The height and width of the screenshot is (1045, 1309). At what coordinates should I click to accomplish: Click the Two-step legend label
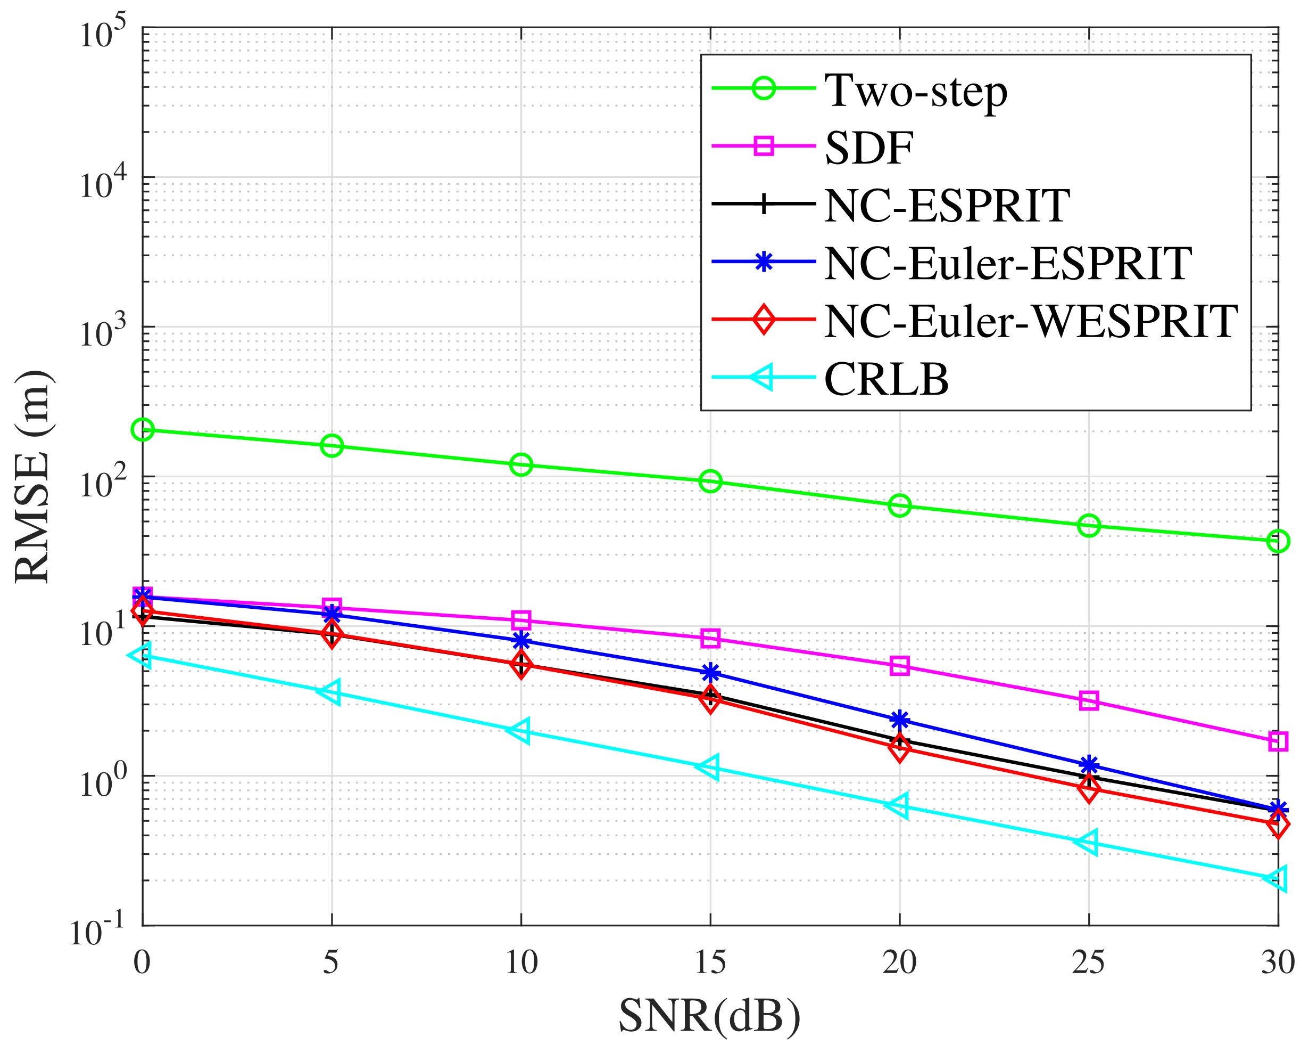click(916, 91)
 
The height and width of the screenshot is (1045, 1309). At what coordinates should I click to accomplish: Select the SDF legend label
click(869, 148)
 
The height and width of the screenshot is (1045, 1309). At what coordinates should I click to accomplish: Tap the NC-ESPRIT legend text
click(947, 206)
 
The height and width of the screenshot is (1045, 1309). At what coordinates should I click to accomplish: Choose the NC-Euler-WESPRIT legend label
click(1031, 321)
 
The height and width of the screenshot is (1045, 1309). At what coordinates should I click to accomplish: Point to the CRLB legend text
click(887, 380)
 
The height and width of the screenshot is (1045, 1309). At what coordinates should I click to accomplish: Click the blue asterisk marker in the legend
click(763, 263)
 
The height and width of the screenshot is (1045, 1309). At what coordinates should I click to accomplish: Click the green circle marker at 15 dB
click(710, 482)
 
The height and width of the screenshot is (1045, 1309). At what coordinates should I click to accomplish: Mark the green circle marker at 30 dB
click(1278, 541)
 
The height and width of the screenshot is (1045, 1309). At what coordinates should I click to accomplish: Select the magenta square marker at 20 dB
click(900, 666)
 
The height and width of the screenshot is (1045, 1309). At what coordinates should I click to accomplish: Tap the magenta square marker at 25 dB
click(1089, 700)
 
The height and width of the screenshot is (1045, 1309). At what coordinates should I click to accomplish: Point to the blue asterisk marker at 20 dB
click(900, 720)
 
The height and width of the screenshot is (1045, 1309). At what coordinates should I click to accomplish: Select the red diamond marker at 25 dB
click(1089, 790)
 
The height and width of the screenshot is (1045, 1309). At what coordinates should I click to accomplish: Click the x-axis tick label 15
click(710, 963)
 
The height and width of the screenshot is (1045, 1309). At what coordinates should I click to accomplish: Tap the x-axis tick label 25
click(1089, 963)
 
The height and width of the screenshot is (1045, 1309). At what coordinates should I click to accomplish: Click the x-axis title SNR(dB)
click(710, 1015)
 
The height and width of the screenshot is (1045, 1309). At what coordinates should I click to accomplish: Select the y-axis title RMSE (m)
click(34, 477)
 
